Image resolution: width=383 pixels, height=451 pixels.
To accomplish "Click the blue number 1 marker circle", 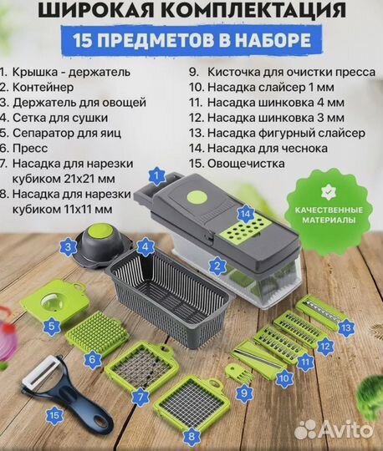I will tap(154, 175).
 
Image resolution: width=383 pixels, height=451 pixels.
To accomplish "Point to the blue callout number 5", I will tap(52, 327).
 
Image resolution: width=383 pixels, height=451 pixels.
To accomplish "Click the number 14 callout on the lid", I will tap(243, 214).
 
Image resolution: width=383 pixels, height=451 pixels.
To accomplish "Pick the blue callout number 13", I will tap(345, 327).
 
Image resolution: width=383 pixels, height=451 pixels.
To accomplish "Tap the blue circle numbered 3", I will tap(68, 246).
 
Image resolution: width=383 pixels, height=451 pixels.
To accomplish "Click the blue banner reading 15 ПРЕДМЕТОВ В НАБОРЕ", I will tap(191, 39).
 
